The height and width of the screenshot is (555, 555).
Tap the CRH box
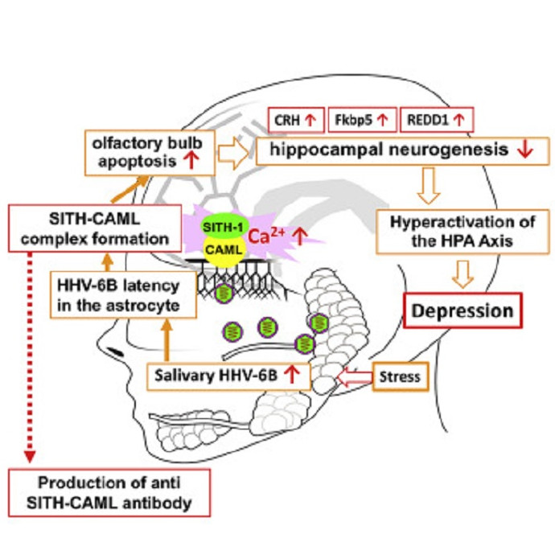click(x=296, y=120)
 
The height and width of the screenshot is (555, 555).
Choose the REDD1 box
click(x=435, y=120)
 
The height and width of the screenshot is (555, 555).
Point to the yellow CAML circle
click(x=220, y=253)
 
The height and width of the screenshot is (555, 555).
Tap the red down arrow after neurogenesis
click(x=524, y=150)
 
